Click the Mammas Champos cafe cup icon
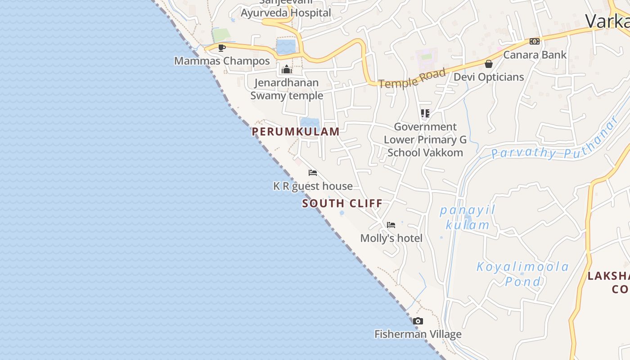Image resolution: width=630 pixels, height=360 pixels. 221,48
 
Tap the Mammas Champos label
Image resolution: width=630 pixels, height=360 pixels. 222,61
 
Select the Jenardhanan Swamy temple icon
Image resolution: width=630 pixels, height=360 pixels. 287,69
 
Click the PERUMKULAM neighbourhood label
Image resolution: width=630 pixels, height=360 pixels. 296,131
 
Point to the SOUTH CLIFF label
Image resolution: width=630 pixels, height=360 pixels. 342,203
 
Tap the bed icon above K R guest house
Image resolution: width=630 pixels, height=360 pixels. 313,173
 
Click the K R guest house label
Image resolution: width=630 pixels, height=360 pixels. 313,186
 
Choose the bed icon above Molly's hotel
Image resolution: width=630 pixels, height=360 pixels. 391,225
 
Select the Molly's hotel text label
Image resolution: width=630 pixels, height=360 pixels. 391,238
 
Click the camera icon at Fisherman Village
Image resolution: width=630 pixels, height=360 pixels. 418,321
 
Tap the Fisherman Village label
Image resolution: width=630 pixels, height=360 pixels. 418,334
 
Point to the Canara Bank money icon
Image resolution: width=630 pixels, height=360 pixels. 535,41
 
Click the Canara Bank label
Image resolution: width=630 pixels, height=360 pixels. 535,55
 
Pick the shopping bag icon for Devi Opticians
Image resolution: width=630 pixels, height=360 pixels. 489,64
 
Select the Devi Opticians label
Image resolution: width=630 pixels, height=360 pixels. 489,77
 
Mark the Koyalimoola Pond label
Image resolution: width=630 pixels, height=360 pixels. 523,274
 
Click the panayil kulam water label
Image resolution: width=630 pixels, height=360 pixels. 467,217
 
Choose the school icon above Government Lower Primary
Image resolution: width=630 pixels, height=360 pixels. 425,113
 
